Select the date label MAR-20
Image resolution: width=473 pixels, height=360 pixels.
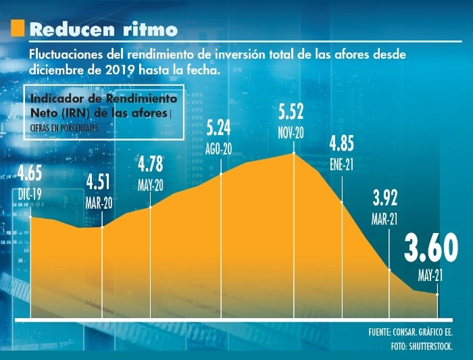(x=100, y=202)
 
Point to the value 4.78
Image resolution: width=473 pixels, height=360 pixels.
(x=151, y=165)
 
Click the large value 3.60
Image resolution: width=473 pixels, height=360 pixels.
(x=431, y=249)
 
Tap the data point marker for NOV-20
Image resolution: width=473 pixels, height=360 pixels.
(x=295, y=153)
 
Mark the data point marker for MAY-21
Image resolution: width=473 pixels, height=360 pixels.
(x=437, y=294)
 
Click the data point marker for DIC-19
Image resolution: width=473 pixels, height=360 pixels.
(x=30, y=217)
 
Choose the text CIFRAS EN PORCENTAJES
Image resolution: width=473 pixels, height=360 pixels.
(x=60, y=127)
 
